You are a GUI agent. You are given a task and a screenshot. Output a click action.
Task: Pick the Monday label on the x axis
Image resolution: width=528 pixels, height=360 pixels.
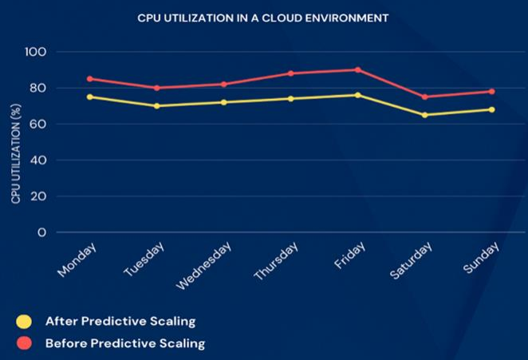[78, 260]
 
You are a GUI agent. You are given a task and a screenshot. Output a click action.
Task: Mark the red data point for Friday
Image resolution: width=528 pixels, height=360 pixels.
[357, 69]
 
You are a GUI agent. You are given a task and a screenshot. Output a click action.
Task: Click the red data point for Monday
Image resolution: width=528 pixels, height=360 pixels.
[90, 79]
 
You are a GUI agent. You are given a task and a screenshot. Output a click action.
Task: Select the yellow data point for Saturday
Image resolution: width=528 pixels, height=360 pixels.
[424, 115]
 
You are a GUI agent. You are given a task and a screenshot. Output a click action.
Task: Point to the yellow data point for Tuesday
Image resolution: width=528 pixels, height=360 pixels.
[157, 106]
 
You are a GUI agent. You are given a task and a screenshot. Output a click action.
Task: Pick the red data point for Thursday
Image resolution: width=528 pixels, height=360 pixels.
[291, 73]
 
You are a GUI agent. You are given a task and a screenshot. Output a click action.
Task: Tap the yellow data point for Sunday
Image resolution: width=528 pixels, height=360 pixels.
[491, 109]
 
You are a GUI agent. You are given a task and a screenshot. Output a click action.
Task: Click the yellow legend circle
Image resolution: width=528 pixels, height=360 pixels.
[24, 322]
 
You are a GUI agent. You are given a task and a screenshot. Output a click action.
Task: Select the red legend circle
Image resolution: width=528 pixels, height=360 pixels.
[24, 344]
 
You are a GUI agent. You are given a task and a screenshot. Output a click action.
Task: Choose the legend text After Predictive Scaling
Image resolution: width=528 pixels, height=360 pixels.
[120, 322]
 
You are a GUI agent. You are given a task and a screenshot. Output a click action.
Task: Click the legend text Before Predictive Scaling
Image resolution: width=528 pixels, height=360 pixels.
[125, 344]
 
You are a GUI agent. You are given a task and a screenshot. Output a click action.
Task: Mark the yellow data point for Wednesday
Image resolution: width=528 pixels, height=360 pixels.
[224, 102]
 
